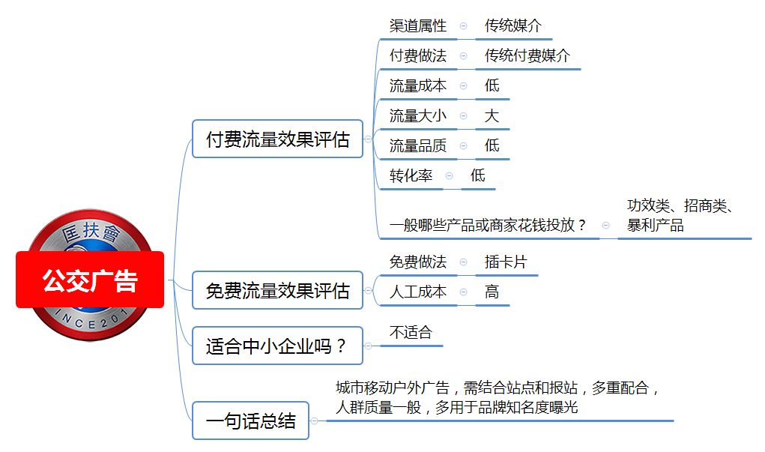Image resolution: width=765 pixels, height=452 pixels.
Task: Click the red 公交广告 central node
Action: click(90, 280)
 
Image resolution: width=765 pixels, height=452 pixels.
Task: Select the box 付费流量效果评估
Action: click(278, 139)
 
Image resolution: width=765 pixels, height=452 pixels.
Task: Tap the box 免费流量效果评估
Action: click(278, 290)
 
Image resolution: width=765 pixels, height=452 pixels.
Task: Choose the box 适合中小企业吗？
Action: click(278, 346)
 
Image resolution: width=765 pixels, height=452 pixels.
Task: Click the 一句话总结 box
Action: click(251, 421)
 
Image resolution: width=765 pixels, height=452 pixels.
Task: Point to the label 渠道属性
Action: click(418, 26)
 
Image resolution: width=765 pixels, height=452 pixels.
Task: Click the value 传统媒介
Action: click(513, 26)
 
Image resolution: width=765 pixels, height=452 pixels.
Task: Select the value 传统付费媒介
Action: click(527, 55)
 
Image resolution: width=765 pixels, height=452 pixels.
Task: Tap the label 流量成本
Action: click(418, 86)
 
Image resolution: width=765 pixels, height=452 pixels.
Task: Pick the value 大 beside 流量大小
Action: click(492, 115)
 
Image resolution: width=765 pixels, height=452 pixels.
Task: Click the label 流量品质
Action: click(418, 145)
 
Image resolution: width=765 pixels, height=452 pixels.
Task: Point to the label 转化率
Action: click(411, 175)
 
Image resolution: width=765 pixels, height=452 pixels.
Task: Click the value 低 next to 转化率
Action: click(477, 175)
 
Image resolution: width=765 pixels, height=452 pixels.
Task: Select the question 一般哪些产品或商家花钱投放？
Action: click(487, 225)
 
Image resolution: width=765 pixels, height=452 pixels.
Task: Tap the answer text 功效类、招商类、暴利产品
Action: click(680, 215)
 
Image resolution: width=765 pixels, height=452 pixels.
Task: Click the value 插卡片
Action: click(506, 262)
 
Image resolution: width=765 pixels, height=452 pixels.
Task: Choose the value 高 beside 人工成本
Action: click(492, 292)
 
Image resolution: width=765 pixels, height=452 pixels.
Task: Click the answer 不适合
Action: click(411, 332)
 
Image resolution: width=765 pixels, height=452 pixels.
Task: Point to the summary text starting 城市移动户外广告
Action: click(498, 397)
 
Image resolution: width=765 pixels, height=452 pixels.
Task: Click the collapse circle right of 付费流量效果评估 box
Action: click(369, 139)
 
